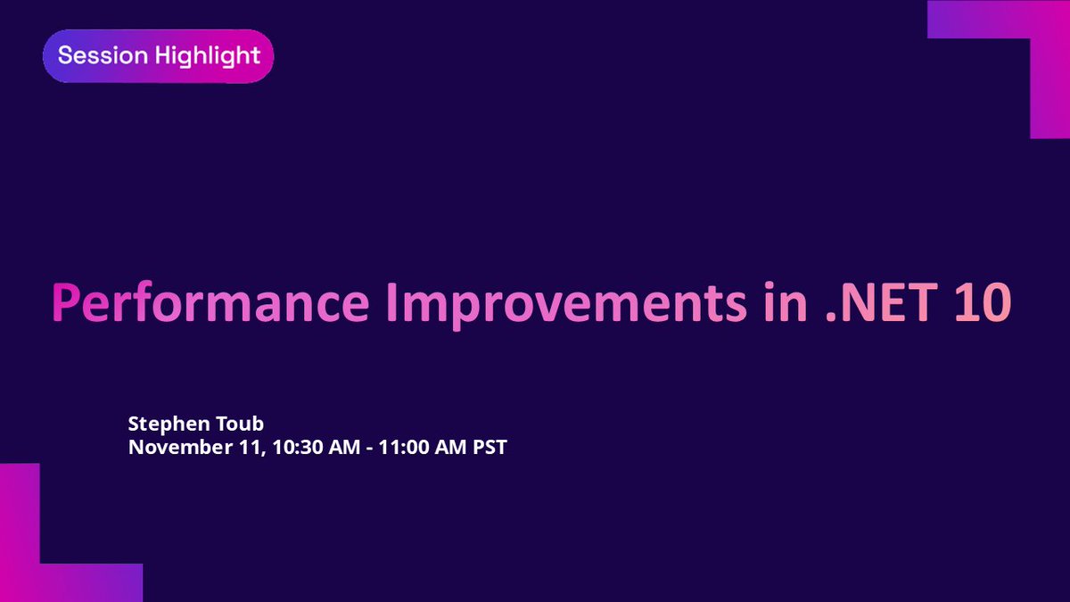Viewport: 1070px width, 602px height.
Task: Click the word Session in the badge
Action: (91, 55)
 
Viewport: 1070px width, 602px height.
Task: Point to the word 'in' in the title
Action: (783, 303)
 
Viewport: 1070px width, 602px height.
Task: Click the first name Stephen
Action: (161, 422)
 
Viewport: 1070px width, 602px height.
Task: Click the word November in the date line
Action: (174, 447)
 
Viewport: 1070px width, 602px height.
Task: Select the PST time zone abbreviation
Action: (488, 447)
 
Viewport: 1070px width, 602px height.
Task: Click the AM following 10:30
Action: (326, 447)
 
